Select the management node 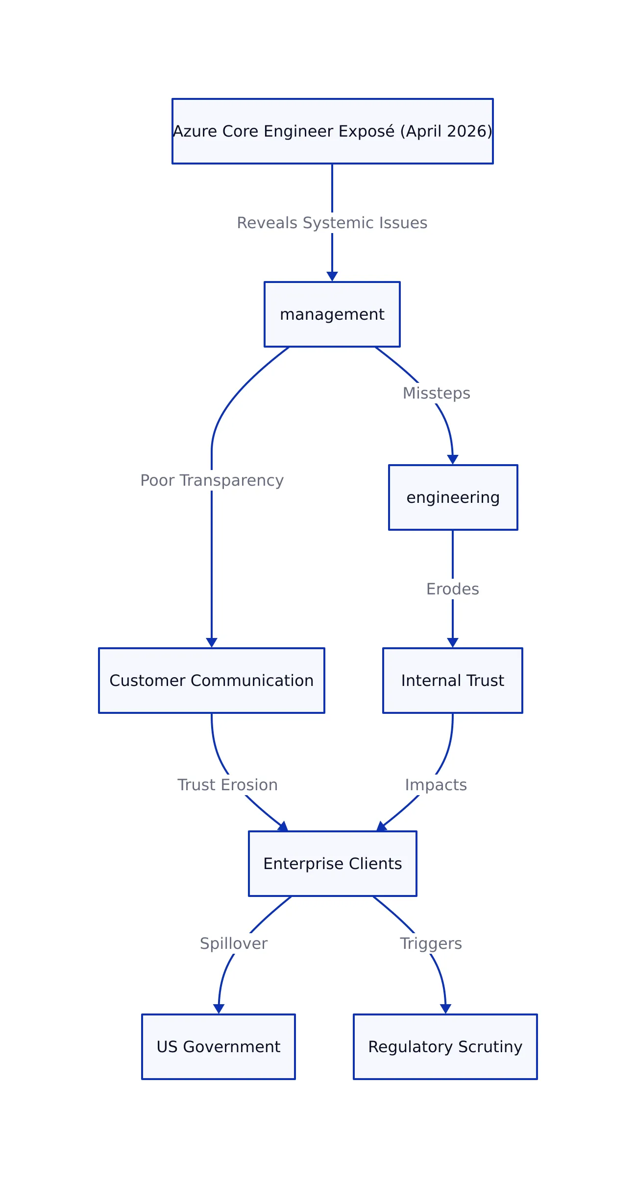coord(332,314)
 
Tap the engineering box coord(453,497)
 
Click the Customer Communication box coord(211,681)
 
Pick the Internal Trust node coord(452,681)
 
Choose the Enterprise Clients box coord(332,864)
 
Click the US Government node coord(218,1047)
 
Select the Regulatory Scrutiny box coord(445,1047)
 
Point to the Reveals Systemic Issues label coord(332,223)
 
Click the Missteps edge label coord(436,393)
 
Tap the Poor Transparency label coord(212,480)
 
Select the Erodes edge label coord(452,589)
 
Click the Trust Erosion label coord(227,785)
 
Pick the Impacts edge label coord(436,785)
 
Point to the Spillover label coord(234,943)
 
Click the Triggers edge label coord(431,943)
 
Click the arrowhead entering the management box coord(332,277)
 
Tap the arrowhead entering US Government coord(219,1009)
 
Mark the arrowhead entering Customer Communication coord(212,642)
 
